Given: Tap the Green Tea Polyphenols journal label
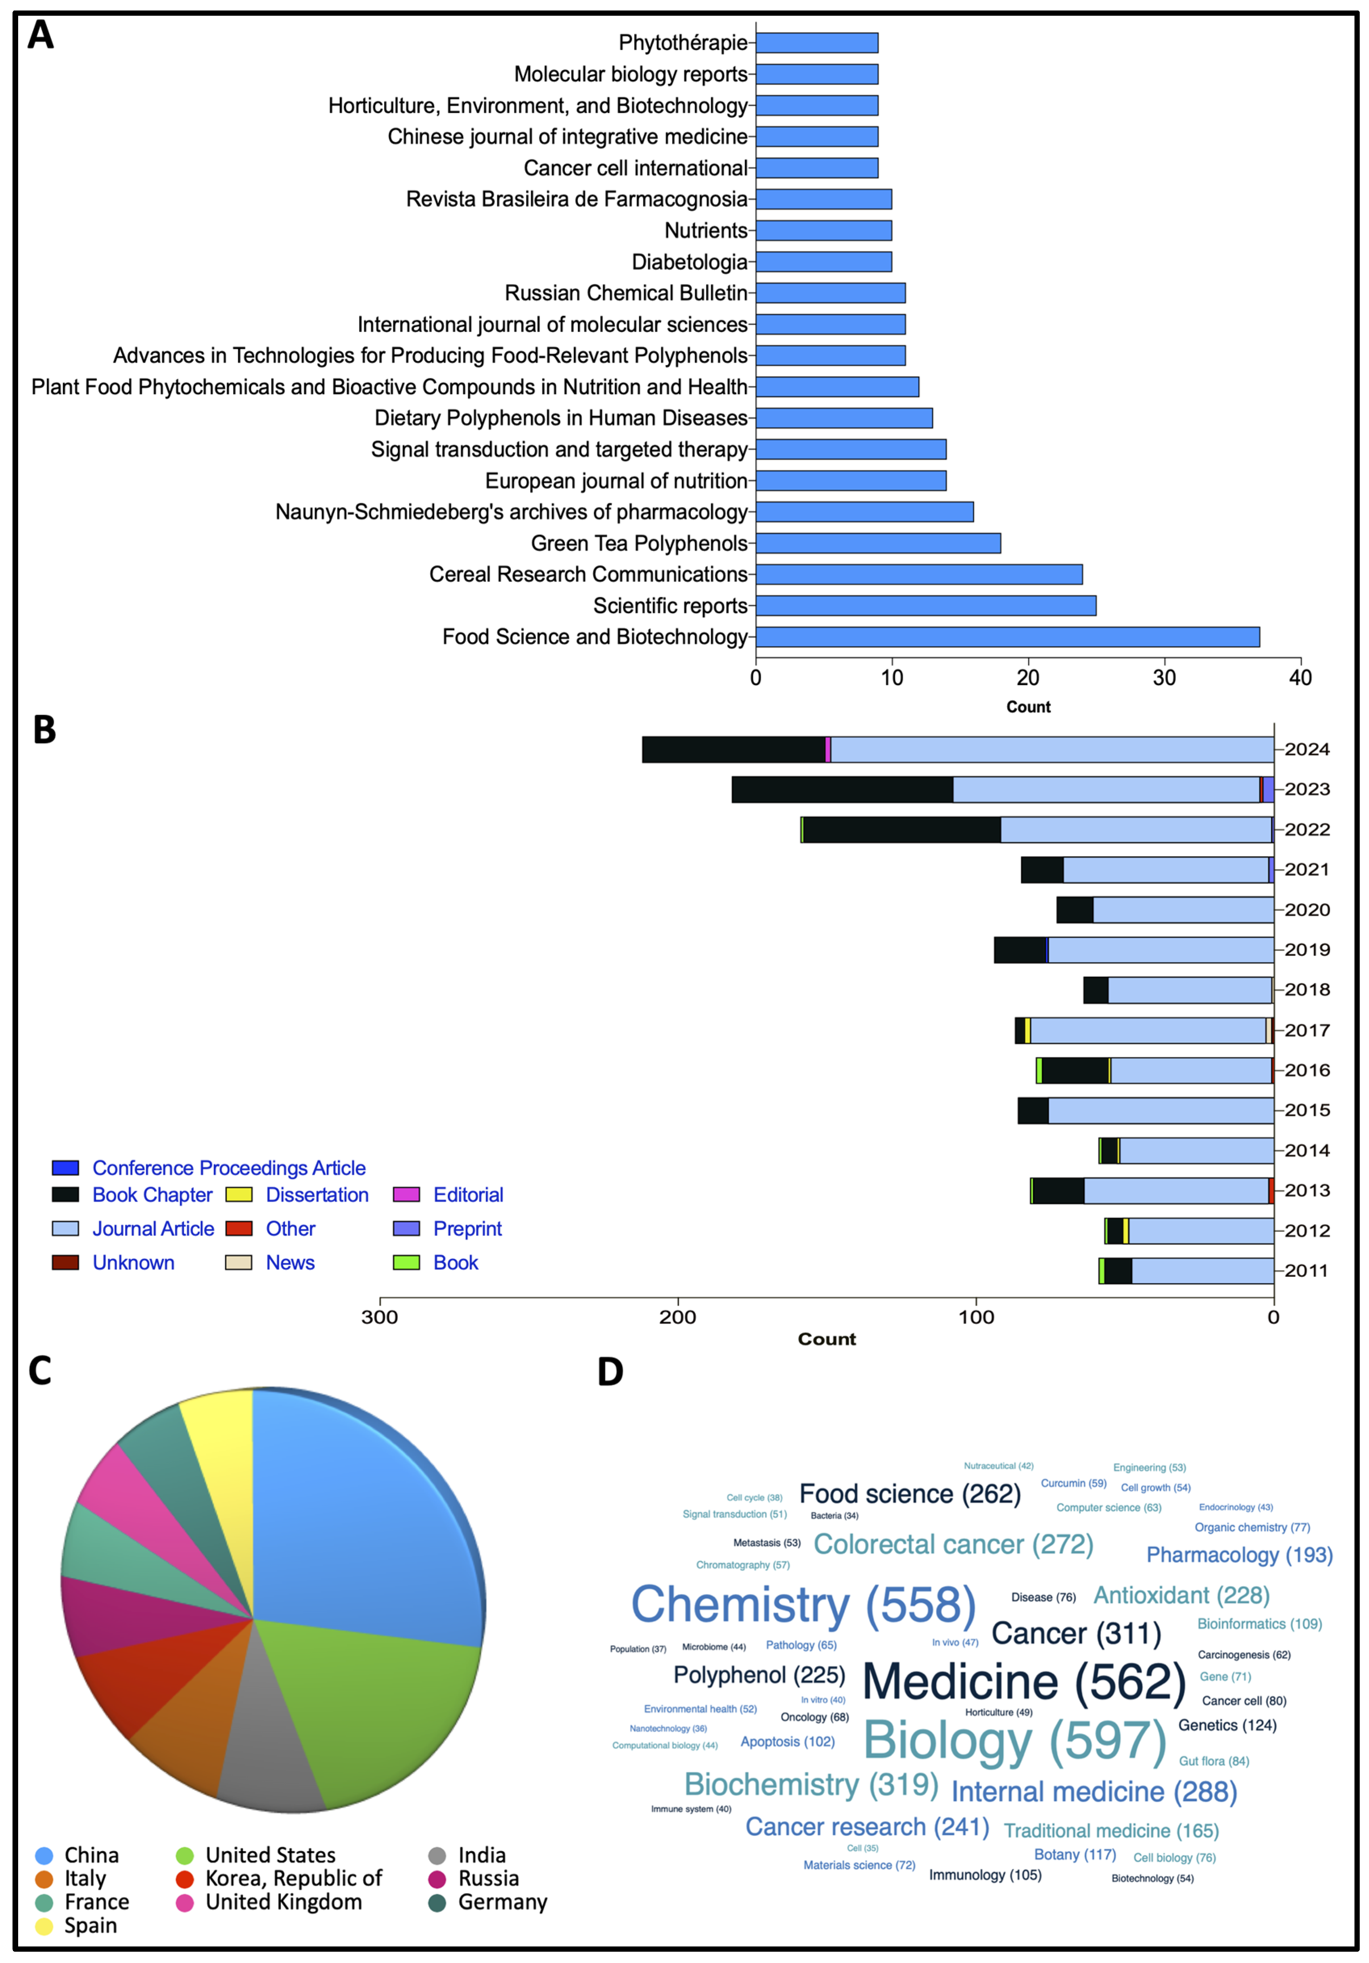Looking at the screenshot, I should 639,544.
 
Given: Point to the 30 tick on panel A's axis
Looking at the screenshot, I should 1164,678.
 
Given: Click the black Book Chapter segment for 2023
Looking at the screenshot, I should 842,789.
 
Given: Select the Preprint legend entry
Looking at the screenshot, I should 467,1228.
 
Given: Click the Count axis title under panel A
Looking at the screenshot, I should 1028,707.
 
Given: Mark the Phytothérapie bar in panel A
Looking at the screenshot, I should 817,43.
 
